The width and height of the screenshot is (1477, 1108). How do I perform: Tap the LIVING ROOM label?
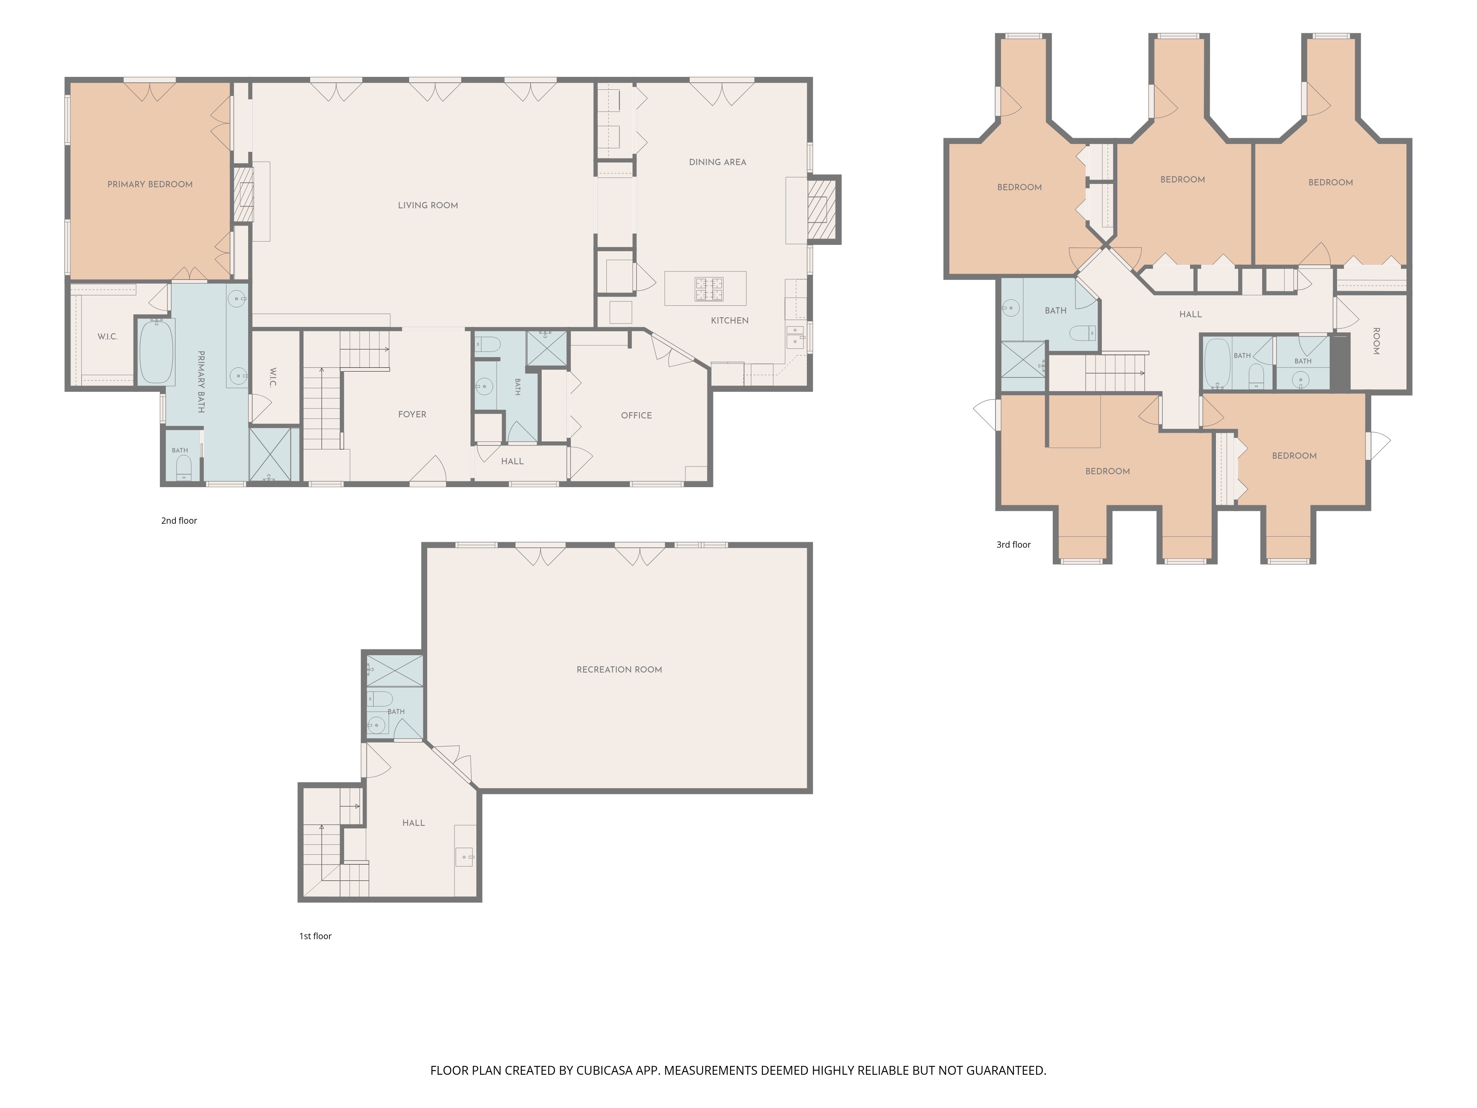(428, 205)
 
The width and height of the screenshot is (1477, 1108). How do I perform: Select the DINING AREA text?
(718, 162)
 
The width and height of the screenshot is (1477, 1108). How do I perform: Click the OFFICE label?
(636, 415)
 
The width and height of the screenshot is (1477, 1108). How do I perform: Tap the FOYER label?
(412, 414)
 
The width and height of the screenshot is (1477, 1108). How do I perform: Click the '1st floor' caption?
(315, 936)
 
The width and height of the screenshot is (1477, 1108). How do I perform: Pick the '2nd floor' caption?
(179, 520)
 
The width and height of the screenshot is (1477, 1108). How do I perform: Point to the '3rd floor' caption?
(1014, 544)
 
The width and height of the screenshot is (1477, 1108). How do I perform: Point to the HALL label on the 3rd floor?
(1190, 314)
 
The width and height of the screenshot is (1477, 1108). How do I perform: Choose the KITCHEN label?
(730, 321)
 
